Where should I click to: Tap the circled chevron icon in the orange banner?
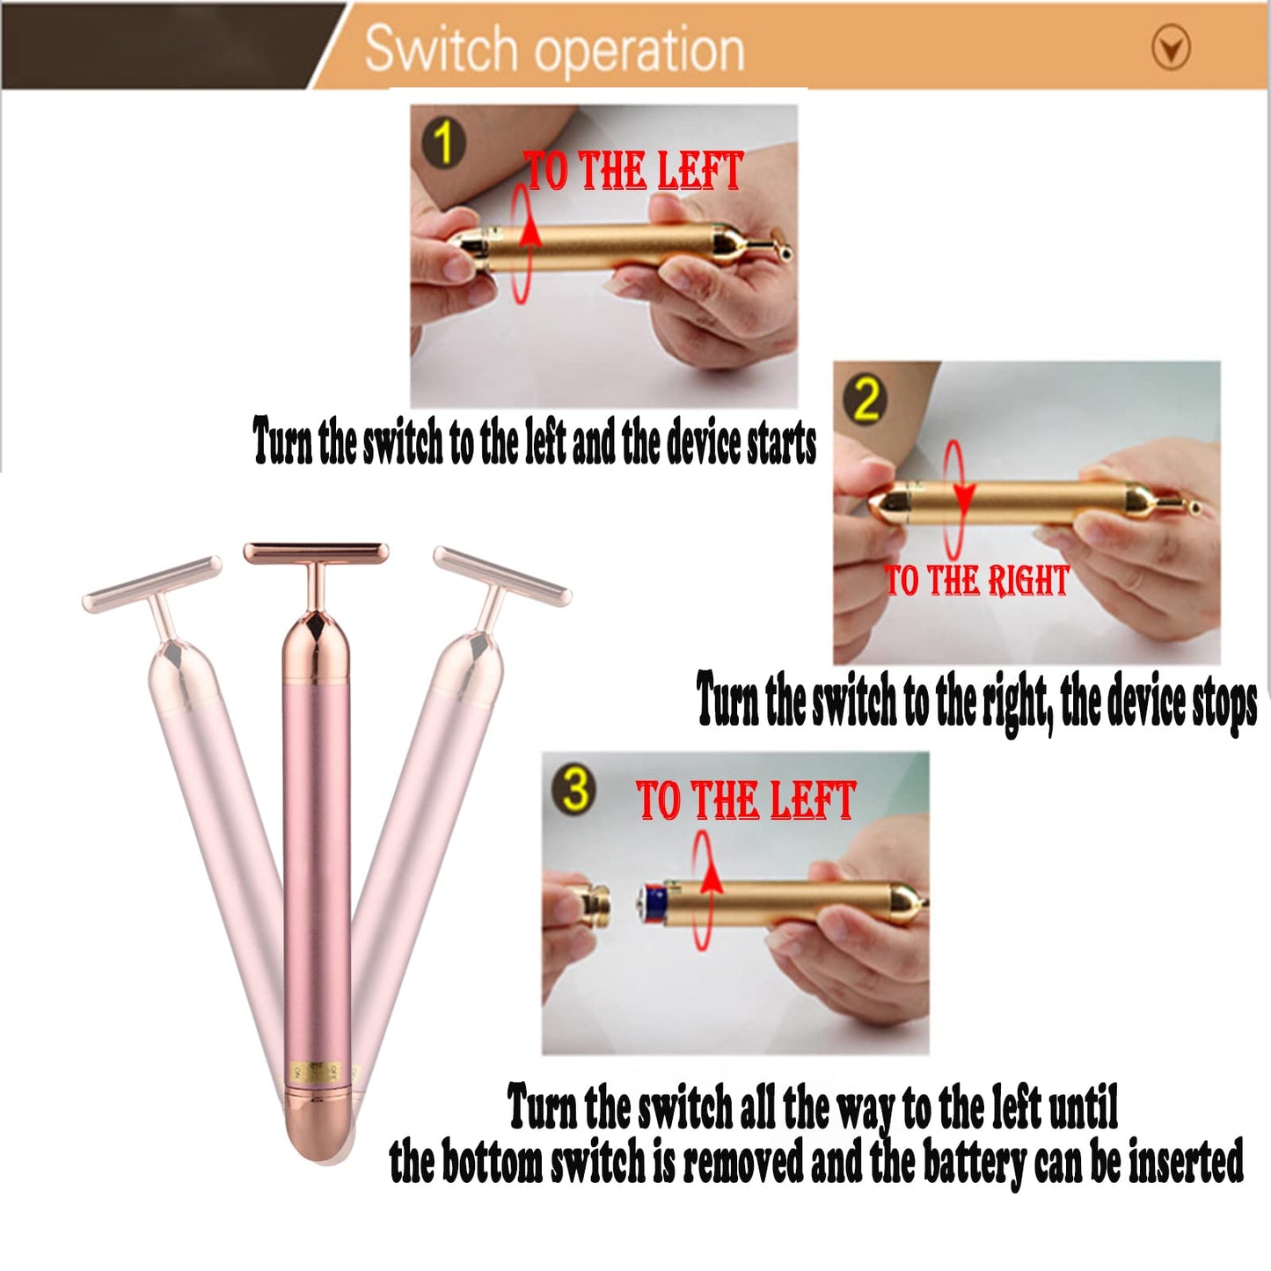(1171, 48)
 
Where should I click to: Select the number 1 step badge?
(444, 143)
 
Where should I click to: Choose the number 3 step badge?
(575, 789)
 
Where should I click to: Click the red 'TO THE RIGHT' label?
(976, 581)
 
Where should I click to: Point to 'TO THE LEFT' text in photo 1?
(633, 171)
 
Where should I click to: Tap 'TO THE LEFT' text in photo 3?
(746, 800)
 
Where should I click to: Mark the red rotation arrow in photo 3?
(704, 890)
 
